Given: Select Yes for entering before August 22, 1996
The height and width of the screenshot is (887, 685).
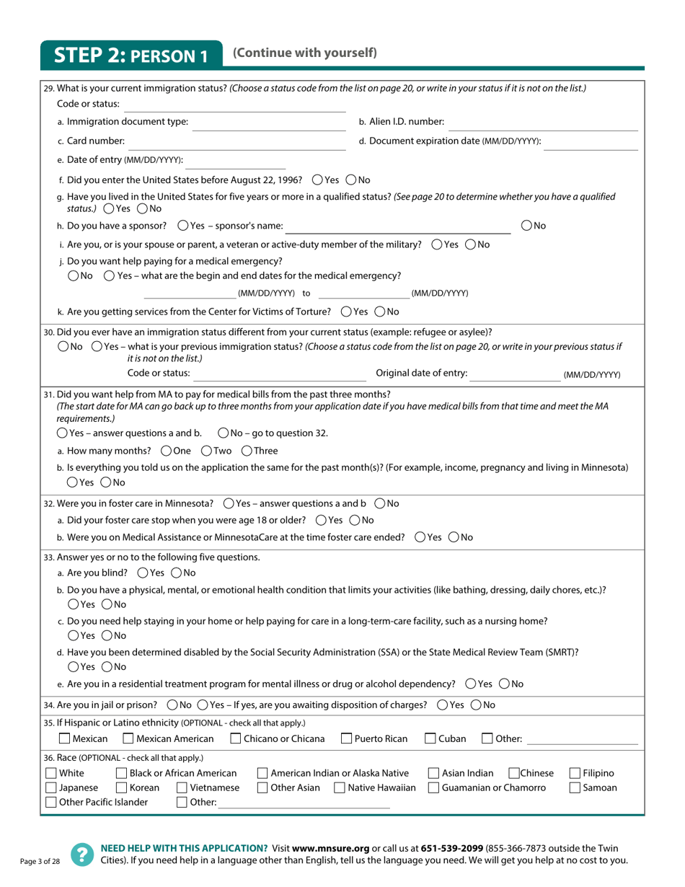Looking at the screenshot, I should pos(317,180).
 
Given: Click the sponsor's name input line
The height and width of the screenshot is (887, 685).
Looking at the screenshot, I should pos(398,226).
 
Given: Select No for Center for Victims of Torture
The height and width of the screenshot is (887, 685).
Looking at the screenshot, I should pos(379,312).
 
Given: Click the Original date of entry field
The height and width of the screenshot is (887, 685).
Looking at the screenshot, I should pos(514,374).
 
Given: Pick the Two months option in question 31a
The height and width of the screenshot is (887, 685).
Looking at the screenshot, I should pos(205,451).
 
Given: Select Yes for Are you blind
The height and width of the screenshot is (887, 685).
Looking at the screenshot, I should pos(141,573).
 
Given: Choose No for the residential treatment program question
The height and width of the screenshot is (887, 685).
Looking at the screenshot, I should pos(504,684).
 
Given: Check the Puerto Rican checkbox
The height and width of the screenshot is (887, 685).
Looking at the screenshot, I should pos(346,738).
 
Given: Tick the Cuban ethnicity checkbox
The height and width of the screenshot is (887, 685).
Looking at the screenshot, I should pos(430,738).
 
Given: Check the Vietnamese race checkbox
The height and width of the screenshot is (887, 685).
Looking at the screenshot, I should pos(182,787).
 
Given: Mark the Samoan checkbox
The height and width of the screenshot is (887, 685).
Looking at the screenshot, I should pos(575,787).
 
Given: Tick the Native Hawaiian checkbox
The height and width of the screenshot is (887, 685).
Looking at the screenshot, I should pos(340,787).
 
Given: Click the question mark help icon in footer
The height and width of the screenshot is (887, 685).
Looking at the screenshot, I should pos(81,854).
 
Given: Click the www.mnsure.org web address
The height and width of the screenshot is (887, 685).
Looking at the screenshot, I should pos(331,849).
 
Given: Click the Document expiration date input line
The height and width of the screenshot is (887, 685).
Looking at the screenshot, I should pos(591,141).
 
